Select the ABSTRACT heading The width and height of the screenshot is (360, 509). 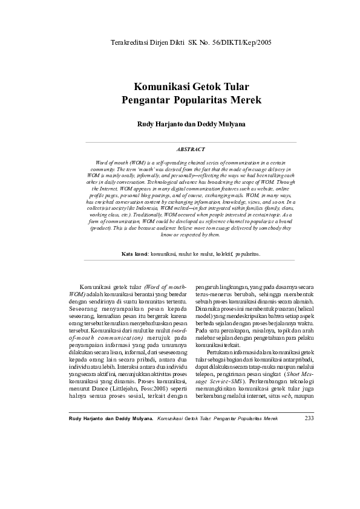(x=191, y=149)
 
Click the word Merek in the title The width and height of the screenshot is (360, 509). (x=247, y=100)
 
